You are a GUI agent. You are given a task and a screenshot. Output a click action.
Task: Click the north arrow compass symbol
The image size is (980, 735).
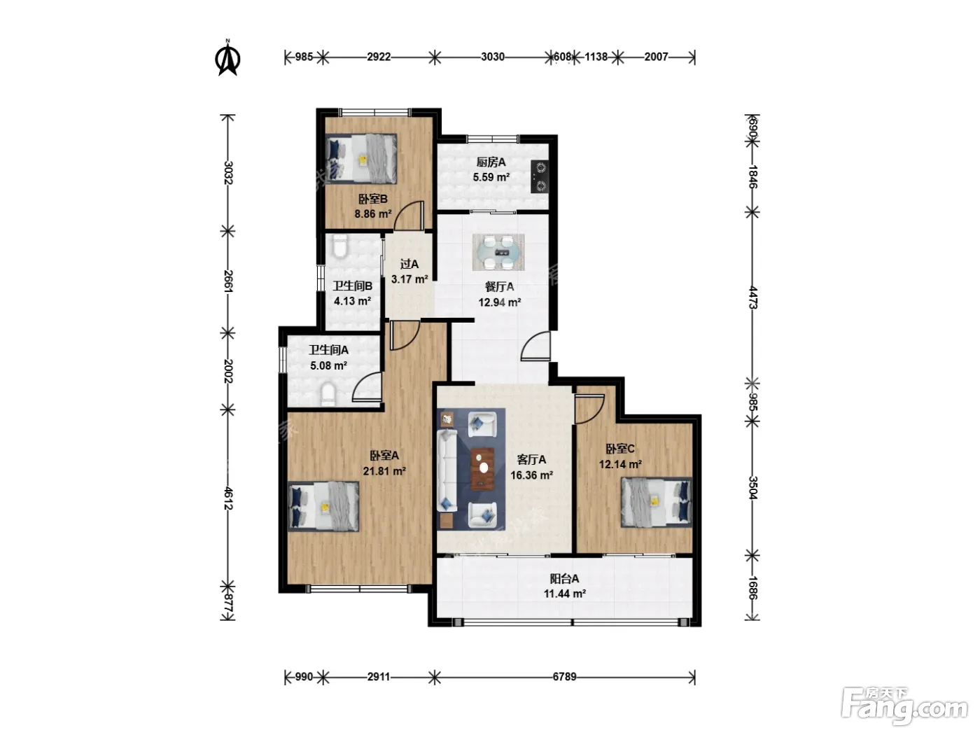tap(228, 58)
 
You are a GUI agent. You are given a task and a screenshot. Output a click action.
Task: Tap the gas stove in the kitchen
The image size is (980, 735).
tap(540, 176)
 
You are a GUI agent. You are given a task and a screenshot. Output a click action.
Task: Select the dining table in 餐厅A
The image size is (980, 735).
tap(498, 252)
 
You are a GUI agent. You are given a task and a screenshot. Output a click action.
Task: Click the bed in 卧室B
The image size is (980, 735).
tap(360, 159)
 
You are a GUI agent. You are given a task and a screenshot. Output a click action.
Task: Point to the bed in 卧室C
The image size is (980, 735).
tap(657, 502)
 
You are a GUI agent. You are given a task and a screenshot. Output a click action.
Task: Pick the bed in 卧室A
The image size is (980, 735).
tap(323, 506)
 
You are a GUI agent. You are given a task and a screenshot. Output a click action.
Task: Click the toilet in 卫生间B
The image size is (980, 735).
tap(340, 246)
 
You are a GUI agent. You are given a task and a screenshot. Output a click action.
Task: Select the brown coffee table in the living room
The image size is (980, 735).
tap(482, 468)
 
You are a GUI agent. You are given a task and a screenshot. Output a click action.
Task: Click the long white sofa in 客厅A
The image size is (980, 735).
tap(447, 470)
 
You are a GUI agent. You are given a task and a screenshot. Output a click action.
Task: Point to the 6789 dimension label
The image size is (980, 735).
tap(564, 677)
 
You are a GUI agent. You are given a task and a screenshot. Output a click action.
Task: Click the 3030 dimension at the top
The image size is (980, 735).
tap(493, 57)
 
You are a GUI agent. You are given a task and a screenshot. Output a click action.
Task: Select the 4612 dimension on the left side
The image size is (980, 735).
tap(228, 498)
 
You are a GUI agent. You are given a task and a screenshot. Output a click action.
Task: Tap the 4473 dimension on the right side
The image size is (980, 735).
tap(752, 297)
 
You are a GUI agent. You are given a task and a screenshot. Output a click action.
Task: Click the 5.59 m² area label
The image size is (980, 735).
tap(491, 177)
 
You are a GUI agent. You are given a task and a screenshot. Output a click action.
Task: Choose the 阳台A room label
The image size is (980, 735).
tap(564, 579)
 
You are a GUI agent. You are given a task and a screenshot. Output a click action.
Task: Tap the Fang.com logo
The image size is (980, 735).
tap(904, 707)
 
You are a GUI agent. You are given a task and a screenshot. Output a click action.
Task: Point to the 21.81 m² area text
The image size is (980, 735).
tap(384, 471)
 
